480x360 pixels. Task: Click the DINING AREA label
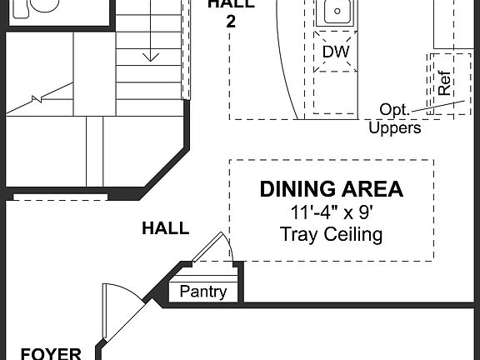coord(331,189)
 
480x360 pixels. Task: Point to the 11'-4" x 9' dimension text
coord(331,212)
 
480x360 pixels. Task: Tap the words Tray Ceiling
coord(331,234)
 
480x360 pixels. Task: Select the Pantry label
coord(202,292)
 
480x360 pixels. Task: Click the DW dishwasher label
coord(335,52)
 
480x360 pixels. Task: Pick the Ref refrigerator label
coord(445,84)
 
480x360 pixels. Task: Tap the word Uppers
coord(394,128)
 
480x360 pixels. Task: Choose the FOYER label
coord(51,353)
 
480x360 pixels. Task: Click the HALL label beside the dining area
coord(165,228)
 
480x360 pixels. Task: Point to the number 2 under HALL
coord(231,22)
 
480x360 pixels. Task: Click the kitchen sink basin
coord(337,12)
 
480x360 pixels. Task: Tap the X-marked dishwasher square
coord(335,52)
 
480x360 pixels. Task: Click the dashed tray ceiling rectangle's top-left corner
coord(230,160)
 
